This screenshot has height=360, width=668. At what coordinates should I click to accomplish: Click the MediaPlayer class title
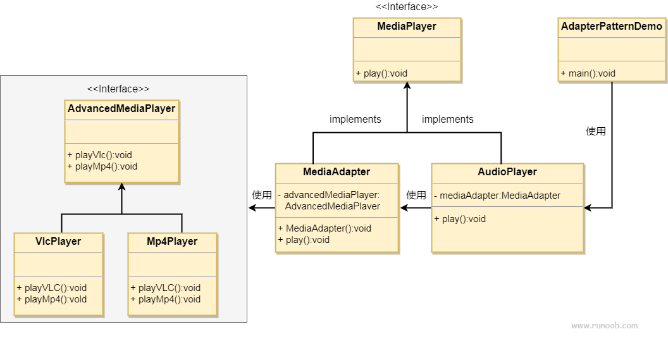[x=407, y=27]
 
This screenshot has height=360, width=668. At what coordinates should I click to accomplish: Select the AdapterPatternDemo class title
[x=612, y=27]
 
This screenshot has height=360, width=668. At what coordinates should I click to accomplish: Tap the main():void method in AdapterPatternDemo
[x=588, y=73]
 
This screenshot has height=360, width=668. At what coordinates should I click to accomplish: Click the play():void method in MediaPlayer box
[x=381, y=73]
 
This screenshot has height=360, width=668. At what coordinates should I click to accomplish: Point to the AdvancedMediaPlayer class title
[x=121, y=109]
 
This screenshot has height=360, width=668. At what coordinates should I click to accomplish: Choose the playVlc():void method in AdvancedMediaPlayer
[x=99, y=155]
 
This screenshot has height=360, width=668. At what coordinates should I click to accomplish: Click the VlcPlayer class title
[x=58, y=242]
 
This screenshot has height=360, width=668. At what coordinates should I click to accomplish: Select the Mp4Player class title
[x=172, y=242]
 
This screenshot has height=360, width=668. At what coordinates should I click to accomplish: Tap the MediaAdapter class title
[x=337, y=172]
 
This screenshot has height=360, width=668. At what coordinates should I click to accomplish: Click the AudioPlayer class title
[x=507, y=172]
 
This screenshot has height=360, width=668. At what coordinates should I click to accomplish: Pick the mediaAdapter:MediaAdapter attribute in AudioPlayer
[x=497, y=196]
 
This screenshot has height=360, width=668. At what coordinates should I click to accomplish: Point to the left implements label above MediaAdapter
[x=356, y=120]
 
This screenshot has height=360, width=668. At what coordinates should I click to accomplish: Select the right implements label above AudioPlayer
[x=448, y=120]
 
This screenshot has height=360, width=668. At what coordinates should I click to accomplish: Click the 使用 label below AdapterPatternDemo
[x=596, y=132]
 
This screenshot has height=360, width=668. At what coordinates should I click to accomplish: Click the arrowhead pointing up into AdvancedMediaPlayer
[x=121, y=188]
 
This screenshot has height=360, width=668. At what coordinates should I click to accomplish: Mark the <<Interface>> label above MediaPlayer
[x=407, y=7]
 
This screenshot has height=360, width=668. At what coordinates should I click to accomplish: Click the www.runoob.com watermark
[x=604, y=326]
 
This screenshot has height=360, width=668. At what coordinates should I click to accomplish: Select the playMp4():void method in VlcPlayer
[x=52, y=299]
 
